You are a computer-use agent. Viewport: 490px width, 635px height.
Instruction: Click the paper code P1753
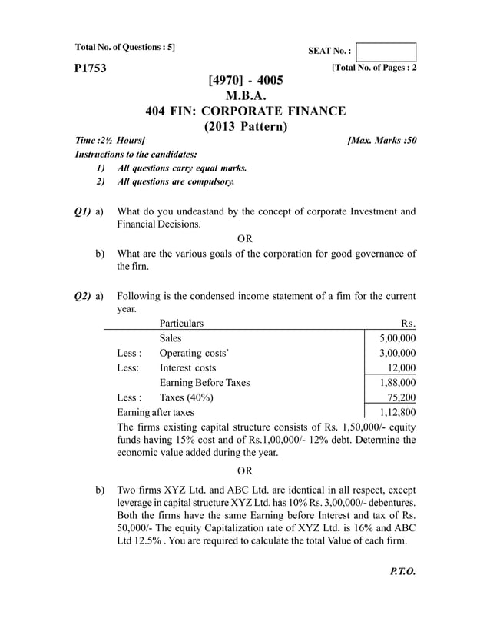pyautogui.click(x=90, y=69)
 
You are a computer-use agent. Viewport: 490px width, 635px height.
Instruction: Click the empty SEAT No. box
pyautogui.click(x=386, y=52)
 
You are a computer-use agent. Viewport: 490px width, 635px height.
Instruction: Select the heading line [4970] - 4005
pyautogui.click(x=245, y=80)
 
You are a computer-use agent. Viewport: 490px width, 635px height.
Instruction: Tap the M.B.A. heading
pyautogui.click(x=245, y=95)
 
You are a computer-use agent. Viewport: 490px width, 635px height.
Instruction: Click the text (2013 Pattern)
pyautogui.click(x=245, y=126)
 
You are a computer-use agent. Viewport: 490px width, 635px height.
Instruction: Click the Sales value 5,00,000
pyautogui.click(x=397, y=338)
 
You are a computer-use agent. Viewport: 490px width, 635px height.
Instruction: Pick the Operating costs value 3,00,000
pyautogui.click(x=397, y=353)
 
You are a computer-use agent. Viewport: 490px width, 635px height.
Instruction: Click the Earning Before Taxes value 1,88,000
pyautogui.click(x=397, y=382)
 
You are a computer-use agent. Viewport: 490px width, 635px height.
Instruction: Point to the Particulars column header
pyautogui.click(x=181, y=324)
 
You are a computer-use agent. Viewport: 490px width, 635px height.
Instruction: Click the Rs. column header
pyautogui.click(x=408, y=324)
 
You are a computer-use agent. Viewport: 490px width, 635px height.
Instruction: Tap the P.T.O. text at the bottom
pyautogui.click(x=402, y=572)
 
